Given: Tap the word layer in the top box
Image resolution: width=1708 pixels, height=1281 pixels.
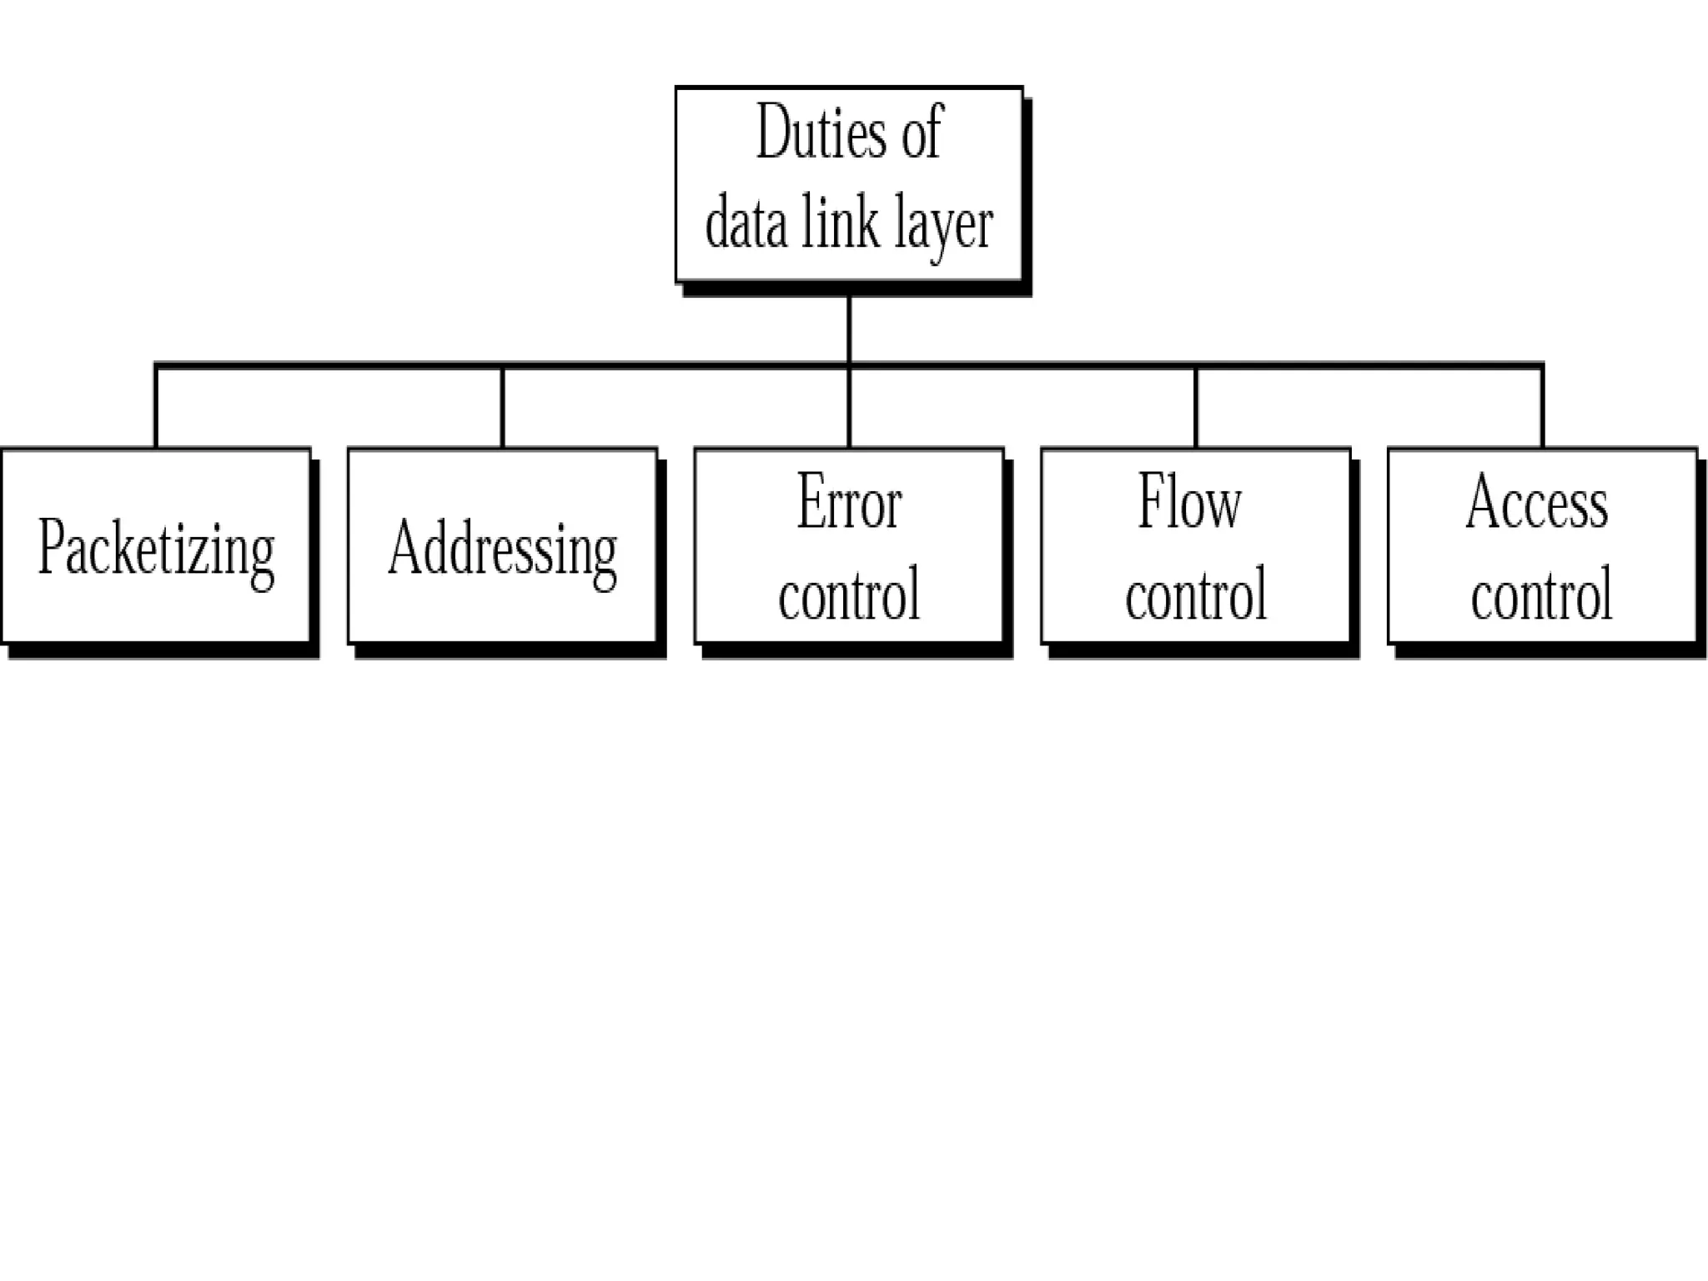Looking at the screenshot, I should pyautogui.click(x=943, y=224).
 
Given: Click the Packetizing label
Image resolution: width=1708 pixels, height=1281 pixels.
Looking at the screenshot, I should pyautogui.click(x=157, y=550).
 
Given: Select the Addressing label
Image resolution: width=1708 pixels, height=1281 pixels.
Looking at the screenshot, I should pyautogui.click(x=503, y=550).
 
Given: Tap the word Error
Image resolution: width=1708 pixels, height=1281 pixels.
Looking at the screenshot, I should pyautogui.click(x=849, y=503).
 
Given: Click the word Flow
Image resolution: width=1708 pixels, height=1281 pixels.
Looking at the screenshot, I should pyautogui.click(x=1190, y=503).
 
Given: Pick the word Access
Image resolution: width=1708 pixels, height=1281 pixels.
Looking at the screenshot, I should pyautogui.click(x=1537, y=503).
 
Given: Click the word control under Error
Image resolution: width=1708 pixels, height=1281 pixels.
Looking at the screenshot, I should pyautogui.click(x=849, y=595).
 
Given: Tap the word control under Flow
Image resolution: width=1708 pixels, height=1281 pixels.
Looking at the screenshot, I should pyautogui.click(x=1196, y=595).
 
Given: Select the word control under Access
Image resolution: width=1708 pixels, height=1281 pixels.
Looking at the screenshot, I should pyautogui.click(x=1541, y=595).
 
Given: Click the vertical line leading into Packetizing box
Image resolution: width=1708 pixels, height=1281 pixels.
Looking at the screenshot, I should pyautogui.click(x=156, y=407).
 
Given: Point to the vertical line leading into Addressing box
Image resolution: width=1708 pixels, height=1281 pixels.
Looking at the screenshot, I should pyautogui.click(x=503, y=407).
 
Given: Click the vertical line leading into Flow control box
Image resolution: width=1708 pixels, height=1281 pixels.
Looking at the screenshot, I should pyautogui.click(x=1196, y=407).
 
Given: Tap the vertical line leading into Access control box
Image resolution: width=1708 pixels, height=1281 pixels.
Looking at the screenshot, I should pyautogui.click(x=1542, y=407).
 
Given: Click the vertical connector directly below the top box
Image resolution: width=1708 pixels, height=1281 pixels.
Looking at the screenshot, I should pyautogui.click(x=849, y=329).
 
